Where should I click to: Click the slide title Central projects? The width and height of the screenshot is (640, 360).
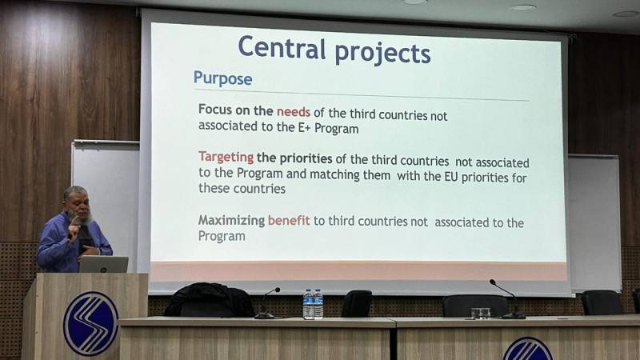334,50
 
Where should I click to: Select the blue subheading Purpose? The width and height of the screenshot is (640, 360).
223,78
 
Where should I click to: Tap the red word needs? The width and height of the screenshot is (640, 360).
294,112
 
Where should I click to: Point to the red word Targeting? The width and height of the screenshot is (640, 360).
226,157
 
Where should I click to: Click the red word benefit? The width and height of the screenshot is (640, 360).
289,221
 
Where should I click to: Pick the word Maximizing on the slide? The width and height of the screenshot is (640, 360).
231,221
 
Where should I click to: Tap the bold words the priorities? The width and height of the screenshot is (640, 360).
294,158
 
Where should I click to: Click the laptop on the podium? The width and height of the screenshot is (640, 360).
104,264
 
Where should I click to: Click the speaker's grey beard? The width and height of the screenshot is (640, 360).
85,219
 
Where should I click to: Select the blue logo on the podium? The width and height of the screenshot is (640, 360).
90,324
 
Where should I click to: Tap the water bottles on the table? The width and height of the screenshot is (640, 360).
313,304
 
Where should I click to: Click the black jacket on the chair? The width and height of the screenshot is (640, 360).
209,300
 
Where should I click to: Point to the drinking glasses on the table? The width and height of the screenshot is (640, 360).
481,313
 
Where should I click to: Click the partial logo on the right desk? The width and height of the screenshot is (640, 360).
527,349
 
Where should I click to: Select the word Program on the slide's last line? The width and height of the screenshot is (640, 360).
222,236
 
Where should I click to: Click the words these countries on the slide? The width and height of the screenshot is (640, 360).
242,189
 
